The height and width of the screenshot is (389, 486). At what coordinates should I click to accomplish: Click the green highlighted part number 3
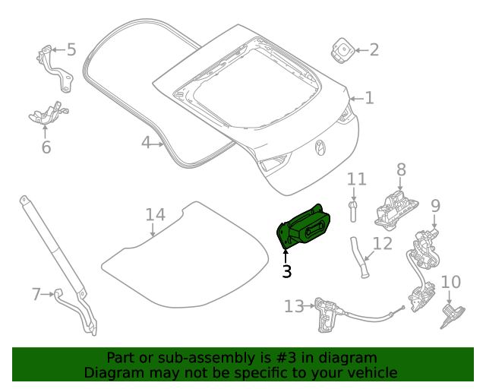point(305,226)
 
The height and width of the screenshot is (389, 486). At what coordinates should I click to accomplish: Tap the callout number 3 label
point(286,271)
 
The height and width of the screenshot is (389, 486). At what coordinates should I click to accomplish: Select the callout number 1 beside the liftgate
point(369,98)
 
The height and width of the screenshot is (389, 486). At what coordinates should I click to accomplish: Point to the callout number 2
point(374,51)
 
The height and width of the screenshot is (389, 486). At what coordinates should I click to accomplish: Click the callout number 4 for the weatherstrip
point(146,142)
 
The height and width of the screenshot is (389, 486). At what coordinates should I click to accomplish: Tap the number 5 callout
point(71,50)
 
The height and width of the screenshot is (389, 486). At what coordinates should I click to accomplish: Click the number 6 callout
point(46,147)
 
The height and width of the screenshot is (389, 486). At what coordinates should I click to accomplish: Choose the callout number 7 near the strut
point(36,293)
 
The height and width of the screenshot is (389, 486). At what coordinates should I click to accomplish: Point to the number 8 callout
point(401,170)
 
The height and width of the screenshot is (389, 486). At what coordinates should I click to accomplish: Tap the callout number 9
point(435,205)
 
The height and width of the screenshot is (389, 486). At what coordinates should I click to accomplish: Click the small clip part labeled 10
point(451,315)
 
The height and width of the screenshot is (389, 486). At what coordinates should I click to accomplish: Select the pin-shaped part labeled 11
point(354,209)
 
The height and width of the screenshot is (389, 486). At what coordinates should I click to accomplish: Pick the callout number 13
point(293,306)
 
